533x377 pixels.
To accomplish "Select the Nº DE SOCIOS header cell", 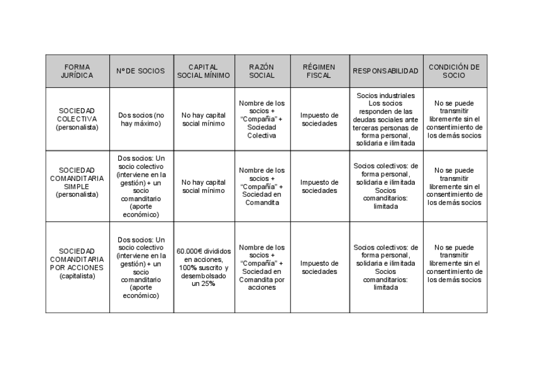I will [x=141, y=71].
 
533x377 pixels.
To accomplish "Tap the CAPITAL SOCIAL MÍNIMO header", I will [x=204, y=71].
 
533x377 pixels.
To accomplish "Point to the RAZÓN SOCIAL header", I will [x=261, y=71].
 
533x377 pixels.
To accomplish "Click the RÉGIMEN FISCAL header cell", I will [x=319, y=71].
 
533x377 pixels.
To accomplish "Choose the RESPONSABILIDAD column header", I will [x=385, y=71].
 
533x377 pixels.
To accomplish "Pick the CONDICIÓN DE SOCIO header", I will [x=454, y=71].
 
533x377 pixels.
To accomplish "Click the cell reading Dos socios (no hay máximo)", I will [x=141, y=119].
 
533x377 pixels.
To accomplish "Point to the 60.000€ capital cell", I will [x=204, y=267].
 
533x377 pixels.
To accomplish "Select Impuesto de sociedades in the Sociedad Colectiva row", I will [x=319, y=119].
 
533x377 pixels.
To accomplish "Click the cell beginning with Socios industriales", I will [x=385, y=119].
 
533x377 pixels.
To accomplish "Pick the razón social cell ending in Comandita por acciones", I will [x=262, y=267].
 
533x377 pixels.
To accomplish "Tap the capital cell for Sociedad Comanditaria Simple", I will [x=204, y=187].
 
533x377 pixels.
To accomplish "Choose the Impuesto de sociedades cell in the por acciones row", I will [x=319, y=267].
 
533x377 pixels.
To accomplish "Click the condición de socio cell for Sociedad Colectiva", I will [x=454, y=119].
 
